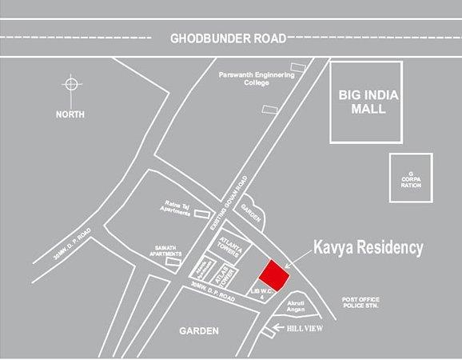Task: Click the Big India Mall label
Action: pyautogui.click(x=368, y=102)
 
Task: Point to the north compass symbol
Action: pyautogui.click(x=72, y=85)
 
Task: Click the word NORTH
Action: pyautogui.click(x=70, y=114)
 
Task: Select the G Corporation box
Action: pyautogui.click(x=410, y=178)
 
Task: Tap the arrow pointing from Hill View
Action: pyautogui.click(x=281, y=327)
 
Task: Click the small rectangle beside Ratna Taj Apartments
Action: pyautogui.click(x=202, y=214)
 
